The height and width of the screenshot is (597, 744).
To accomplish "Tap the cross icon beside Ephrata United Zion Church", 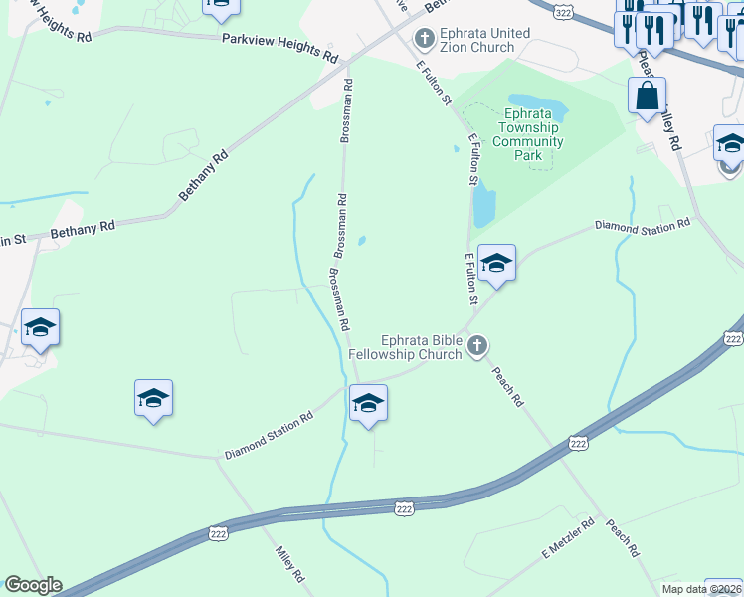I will tap(425, 40).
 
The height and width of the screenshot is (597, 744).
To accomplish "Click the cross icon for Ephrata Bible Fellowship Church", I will tap(477, 346).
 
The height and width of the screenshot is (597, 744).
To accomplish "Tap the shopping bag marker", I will tap(647, 98).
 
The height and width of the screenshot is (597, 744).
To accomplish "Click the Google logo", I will tap(33, 585).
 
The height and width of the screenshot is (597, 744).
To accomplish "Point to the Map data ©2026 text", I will tap(702, 589).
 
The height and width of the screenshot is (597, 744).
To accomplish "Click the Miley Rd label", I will tap(290, 562).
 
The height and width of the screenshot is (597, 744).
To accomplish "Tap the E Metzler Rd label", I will tap(567, 538).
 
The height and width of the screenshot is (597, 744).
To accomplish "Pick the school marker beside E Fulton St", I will tap(495, 264).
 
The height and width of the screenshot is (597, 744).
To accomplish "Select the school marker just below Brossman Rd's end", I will tap(368, 404).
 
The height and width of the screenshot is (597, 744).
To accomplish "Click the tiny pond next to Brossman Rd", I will tap(362, 240).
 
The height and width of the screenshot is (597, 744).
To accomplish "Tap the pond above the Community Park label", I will tap(539, 104).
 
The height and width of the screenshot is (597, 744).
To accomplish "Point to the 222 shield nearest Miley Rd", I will tap(220, 534).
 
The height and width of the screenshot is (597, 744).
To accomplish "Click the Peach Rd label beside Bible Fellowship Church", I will tap(508, 387).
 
